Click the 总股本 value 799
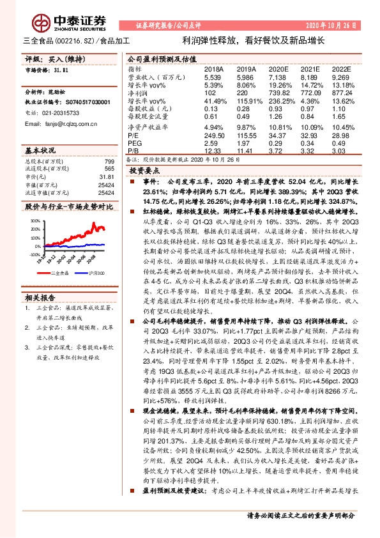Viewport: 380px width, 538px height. pos(109,162)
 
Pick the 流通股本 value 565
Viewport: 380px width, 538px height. pos(109,169)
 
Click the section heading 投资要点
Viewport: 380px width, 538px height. pos(144,172)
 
